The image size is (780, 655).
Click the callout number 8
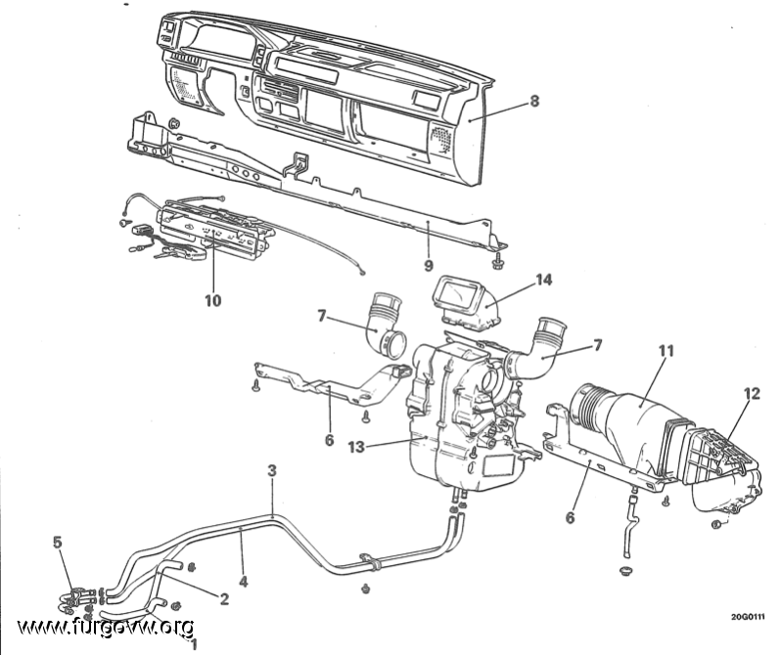point(533,101)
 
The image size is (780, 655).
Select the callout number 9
point(429,266)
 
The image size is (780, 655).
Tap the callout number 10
point(213,300)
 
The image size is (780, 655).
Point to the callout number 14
point(544,280)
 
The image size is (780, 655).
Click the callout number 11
point(666,351)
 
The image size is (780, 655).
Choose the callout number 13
point(356,447)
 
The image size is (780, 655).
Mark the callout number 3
point(272,470)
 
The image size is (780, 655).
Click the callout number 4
point(244,581)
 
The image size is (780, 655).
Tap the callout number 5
point(58,543)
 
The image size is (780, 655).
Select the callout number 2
point(224,599)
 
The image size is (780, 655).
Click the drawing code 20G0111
point(748,617)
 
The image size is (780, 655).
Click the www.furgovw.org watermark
point(106,628)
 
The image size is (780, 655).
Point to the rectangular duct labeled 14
point(464,302)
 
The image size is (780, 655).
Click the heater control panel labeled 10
point(214,230)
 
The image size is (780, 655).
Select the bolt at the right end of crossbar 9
point(497,261)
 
